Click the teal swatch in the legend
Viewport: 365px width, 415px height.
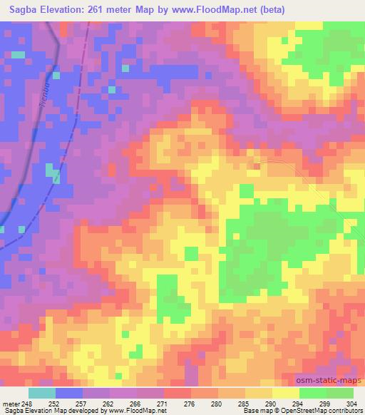[x=42, y=393]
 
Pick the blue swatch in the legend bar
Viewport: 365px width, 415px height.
[x=69, y=393]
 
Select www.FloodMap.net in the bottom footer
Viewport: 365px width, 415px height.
[x=141, y=411]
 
